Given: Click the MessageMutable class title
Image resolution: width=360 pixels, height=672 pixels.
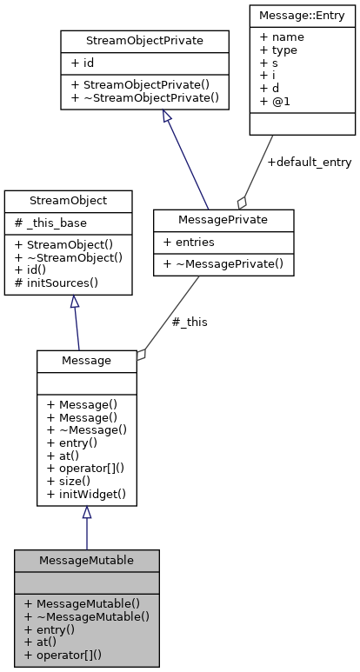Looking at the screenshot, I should click(86, 561).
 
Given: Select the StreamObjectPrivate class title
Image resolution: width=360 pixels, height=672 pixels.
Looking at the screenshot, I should click(143, 40).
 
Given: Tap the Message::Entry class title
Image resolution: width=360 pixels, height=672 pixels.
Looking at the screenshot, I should click(302, 15).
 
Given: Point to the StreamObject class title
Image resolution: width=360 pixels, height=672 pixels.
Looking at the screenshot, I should click(68, 201).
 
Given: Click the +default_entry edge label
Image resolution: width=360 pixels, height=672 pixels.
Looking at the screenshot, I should click(297, 163).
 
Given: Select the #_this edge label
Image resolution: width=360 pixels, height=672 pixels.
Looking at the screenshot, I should click(190, 322).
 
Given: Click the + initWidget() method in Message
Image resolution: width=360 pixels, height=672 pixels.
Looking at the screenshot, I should click(86, 494).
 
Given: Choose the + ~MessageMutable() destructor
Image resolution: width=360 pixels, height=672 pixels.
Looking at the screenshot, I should click(86, 616).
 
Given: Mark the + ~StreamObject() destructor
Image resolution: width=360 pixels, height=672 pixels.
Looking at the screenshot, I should click(68, 257).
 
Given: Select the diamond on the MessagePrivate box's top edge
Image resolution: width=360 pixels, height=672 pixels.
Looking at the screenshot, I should click(242, 203).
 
